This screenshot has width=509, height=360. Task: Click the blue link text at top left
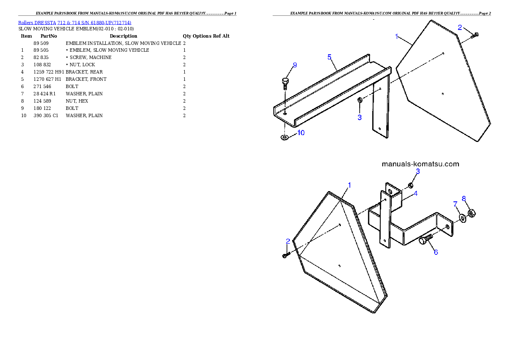tap(74, 23)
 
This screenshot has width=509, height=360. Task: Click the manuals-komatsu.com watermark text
tap(420, 164)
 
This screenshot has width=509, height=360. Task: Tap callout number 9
tap(294, 65)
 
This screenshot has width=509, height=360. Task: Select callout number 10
tap(301, 133)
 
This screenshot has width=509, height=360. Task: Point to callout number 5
tap(330, 57)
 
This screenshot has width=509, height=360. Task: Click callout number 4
tap(415, 193)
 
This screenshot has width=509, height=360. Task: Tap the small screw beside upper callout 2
tap(475, 35)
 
